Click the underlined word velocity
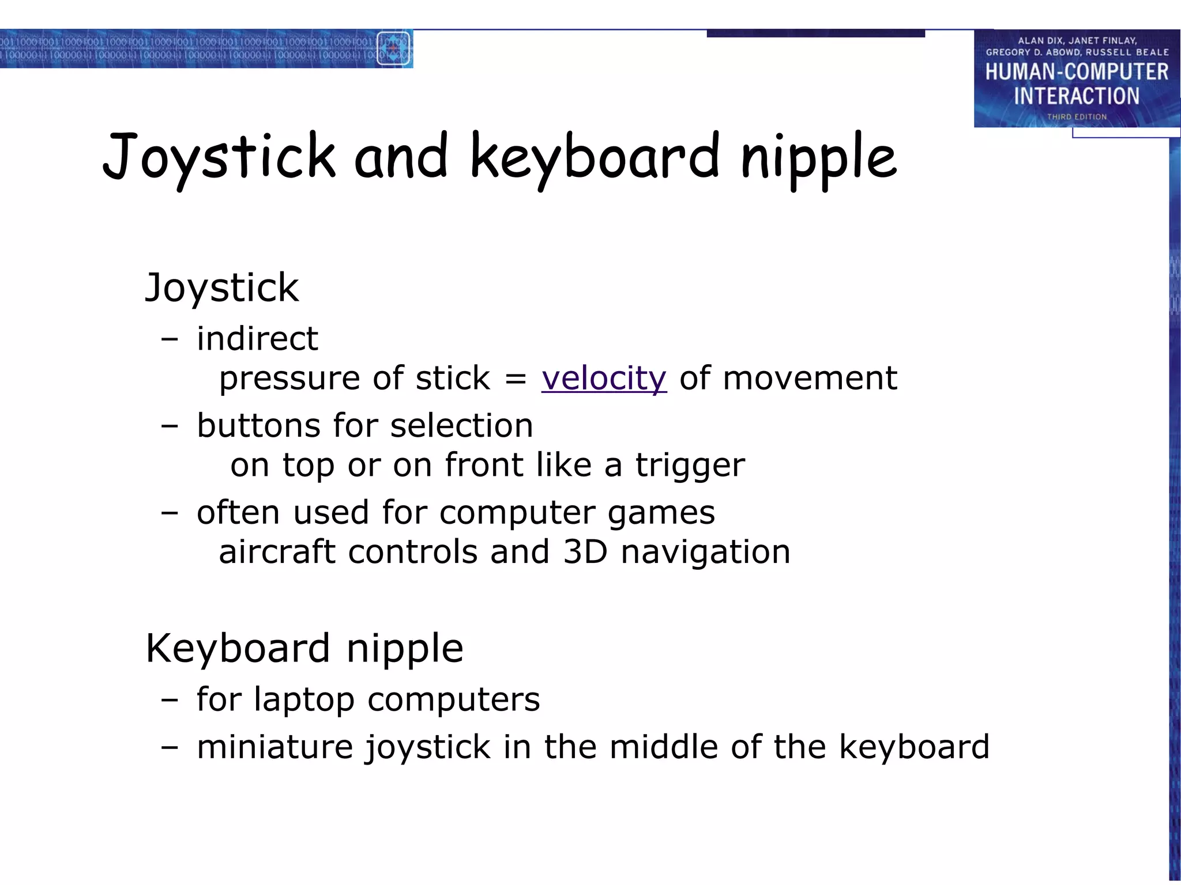pos(604,379)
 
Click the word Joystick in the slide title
pos(219,157)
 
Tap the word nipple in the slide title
pos(818,157)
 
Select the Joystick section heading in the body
pos(222,288)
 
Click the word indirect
pos(257,338)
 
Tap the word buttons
pos(258,426)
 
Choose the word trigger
pos(690,466)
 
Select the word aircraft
pos(277,552)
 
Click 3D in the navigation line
pos(585,552)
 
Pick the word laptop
pos(304,700)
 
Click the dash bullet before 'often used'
pos(170,513)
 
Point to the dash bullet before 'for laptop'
pos(170,700)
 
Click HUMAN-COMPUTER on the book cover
pos(1077,72)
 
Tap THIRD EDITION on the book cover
pos(1077,117)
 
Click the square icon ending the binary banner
pos(393,48)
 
